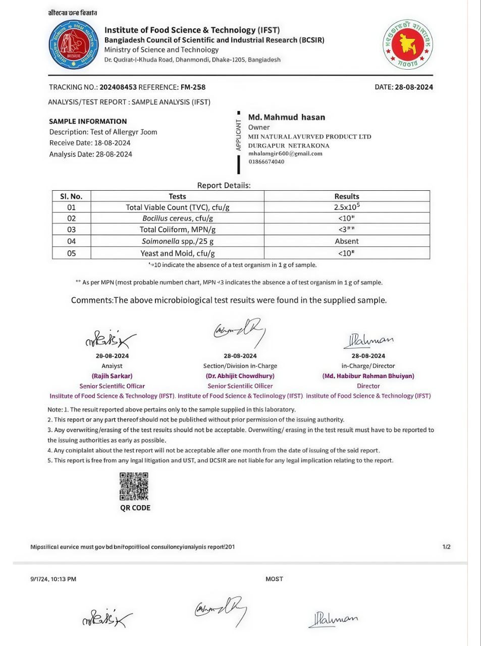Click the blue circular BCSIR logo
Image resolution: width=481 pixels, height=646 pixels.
[73, 45]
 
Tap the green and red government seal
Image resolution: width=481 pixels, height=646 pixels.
[408, 44]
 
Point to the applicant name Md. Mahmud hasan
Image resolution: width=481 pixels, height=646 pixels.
[287, 117]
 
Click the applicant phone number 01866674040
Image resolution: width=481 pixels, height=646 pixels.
[266, 162]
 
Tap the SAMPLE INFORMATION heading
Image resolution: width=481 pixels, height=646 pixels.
[88, 121]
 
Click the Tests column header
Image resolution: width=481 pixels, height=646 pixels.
[177, 196]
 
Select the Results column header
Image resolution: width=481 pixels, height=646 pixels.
[347, 196]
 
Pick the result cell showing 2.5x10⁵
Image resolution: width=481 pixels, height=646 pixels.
[347, 207]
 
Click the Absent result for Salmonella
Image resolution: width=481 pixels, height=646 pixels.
[347, 241]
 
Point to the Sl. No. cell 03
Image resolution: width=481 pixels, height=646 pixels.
[71, 230]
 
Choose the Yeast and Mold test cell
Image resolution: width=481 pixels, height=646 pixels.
[177, 253]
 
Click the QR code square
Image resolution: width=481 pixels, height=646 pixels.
[134, 487]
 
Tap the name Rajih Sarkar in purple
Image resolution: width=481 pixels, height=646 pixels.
[112, 376]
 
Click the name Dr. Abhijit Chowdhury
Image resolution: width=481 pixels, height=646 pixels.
[240, 376]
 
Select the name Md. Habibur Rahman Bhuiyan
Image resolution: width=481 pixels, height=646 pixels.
[368, 376]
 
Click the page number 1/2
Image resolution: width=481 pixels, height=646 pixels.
[446, 547]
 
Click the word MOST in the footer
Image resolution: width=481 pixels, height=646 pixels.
[274, 579]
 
